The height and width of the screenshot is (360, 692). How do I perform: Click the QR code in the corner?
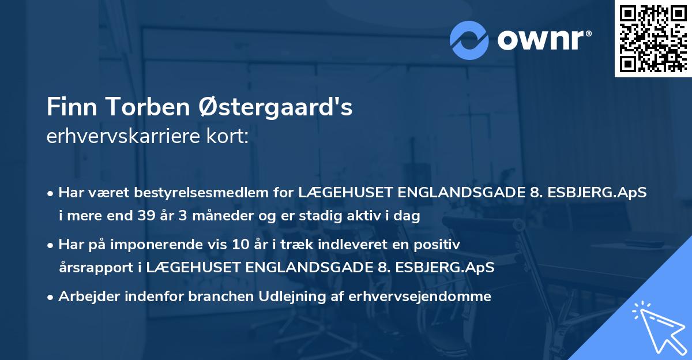(653, 38)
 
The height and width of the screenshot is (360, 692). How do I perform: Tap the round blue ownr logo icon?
(469, 40)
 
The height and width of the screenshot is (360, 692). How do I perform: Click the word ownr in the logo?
(544, 40)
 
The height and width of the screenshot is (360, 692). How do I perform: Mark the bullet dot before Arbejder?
(51, 297)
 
